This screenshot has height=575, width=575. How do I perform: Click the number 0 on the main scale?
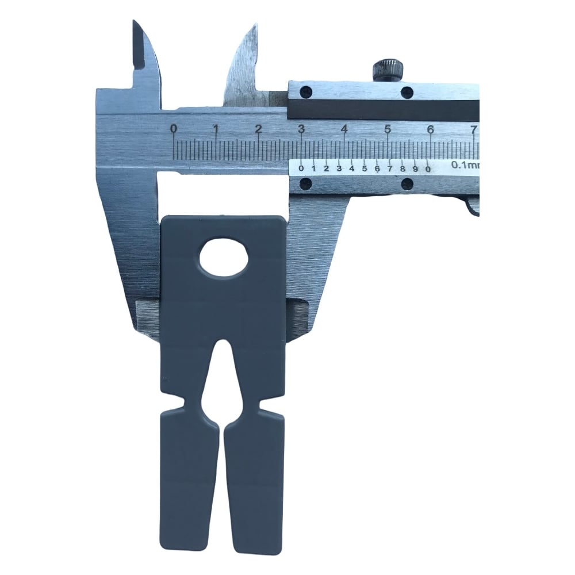pyautogui.click(x=174, y=129)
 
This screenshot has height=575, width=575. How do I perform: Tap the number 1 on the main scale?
pyautogui.click(x=216, y=129)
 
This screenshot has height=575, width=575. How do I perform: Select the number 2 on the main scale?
pyautogui.click(x=259, y=129)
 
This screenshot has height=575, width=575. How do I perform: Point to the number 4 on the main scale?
pyautogui.click(x=344, y=129)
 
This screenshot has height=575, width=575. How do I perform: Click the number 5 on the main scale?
pyautogui.click(x=388, y=129)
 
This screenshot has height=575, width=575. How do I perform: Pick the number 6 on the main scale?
pyautogui.click(x=431, y=129)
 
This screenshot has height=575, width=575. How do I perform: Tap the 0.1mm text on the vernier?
pyautogui.click(x=465, y=165)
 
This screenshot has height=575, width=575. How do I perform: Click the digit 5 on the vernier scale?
pyautogui.click(x=365, y=168)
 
